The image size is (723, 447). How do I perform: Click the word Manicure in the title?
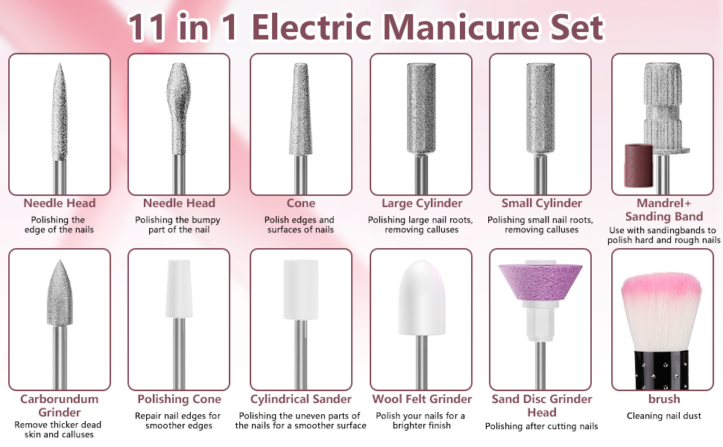(x=461, y=27)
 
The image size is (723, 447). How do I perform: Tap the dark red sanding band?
(x=639, y=165)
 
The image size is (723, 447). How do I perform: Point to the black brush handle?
(x=662, y=370)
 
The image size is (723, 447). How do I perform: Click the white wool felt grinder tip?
(x=421, y=297)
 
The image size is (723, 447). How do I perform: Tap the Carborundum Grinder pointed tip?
(x=60, y=261)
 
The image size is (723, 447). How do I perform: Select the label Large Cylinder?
(x=422, y=203)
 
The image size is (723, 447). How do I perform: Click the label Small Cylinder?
(x=542, y=203)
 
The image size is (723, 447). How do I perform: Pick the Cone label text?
(x=301, y=203)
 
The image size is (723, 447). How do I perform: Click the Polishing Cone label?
(x=180, y=399)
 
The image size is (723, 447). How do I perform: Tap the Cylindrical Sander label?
(x=301, y=399)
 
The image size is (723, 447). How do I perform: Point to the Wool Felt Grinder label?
(x=422, y=399)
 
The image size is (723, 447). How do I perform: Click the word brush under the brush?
(x=664, y=399)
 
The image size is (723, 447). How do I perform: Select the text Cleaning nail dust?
(x=664, y=416)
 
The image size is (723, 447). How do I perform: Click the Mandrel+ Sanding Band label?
(x=664, y=209)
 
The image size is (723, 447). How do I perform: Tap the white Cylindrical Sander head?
(x=300, y=289)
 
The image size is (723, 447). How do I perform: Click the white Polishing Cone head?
(x=179, y=288)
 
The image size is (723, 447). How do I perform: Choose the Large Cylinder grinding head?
(x=421, y=108)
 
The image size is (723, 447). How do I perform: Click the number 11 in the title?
(x=146, y=27)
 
